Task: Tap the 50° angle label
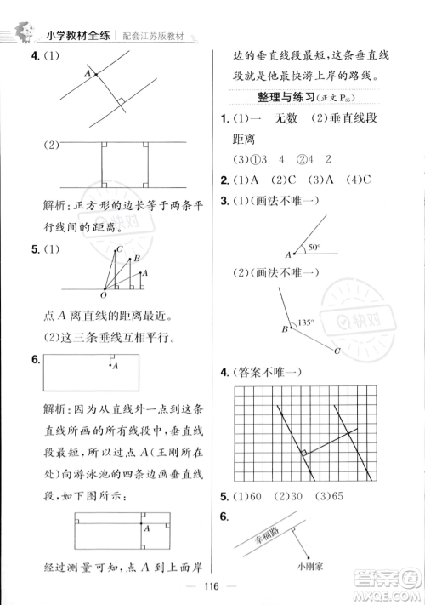(x=314, y=247)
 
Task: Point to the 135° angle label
(x=305, y=322)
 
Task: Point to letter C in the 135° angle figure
(x=337, y=351)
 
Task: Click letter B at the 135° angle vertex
(x=285, y=329)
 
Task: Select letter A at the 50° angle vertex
(x=288, y=254)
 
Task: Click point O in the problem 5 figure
(x=103, y=294)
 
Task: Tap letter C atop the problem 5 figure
(x=122, y=248)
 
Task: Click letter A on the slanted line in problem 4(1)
(x=86, y=73)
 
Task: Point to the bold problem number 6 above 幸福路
(x=224, y=517)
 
